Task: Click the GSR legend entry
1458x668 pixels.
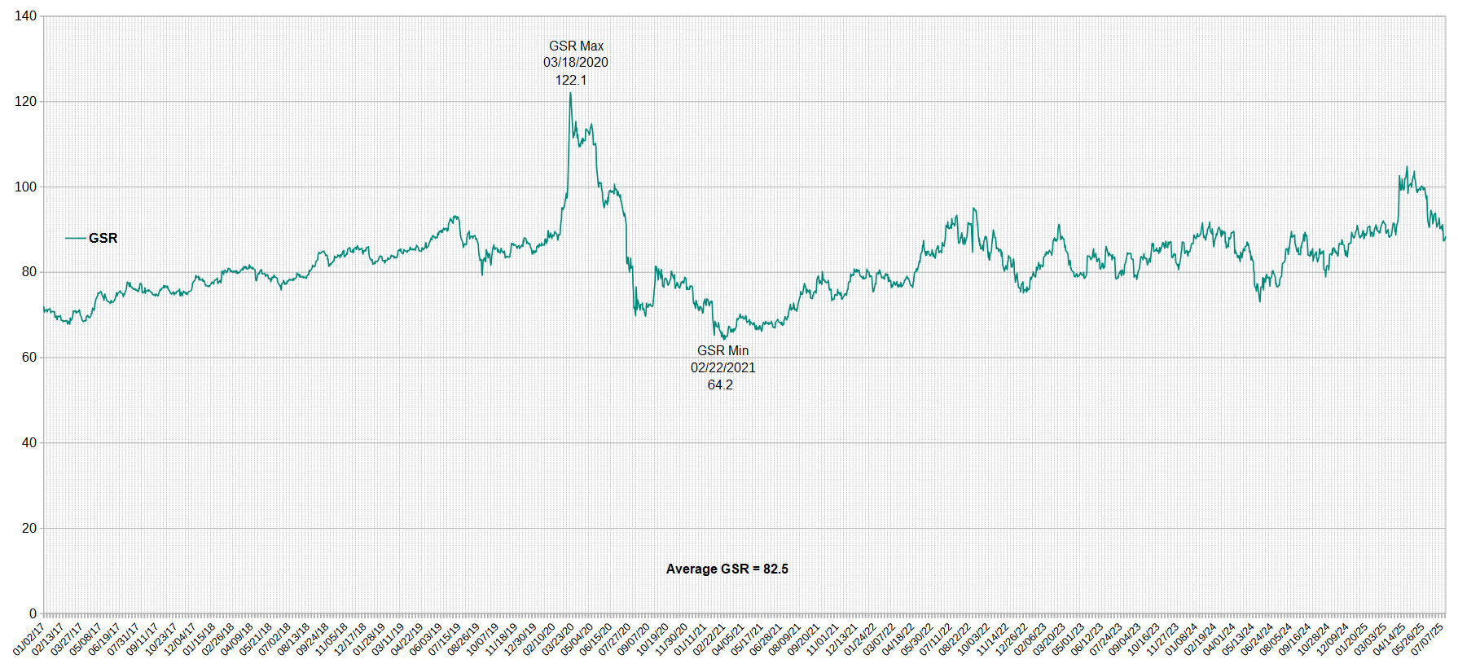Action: click(x=92, y=238)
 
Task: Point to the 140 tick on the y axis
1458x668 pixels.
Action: click(x=25, y=16)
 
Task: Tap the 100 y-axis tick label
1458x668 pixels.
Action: click(x=25, y=187)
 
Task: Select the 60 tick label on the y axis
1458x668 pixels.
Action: click(x=29, y=357)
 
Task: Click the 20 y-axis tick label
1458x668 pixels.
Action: click(x=29, y=528)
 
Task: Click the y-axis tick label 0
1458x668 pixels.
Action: click(x=33, y=613)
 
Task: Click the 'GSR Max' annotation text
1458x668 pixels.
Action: click(x=576, y=46)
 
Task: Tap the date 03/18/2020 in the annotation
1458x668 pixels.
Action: click(x=576, y=63)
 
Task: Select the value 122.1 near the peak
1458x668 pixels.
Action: click(x=571, y=80)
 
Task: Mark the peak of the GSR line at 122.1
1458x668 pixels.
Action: click(x=570, y=93)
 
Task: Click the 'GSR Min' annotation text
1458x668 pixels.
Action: click(x=722, y=351)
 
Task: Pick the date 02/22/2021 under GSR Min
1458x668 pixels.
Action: click(x=722, y=367)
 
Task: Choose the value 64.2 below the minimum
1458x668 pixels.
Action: click(x=720, y=385)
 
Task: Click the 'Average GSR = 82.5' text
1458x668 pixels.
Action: click(x=727, y=569)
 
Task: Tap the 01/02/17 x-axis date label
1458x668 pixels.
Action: click(x=29, y=639)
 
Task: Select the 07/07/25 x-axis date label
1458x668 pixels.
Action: click(x=1428, y=639)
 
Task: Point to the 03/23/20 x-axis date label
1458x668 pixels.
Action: click(x=558, y=639)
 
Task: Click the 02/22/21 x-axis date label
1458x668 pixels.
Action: click(x=709, y=639)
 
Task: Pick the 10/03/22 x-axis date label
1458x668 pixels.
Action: click(x=973, y=639)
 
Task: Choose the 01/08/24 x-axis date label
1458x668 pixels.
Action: click(x=1182, y=639)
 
